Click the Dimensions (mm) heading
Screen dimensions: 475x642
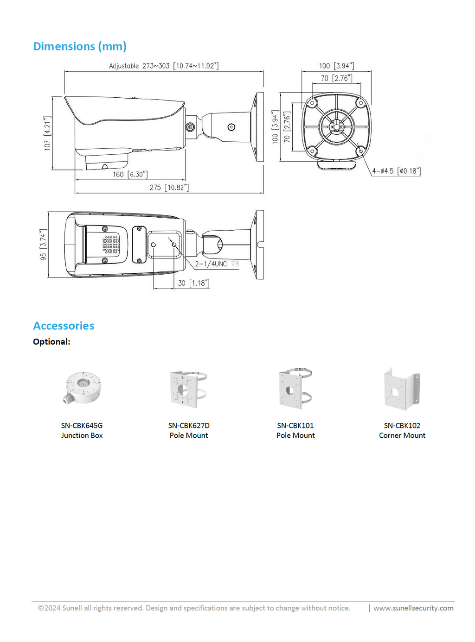pyautogui.click(x=79, y=46)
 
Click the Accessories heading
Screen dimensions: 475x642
pyautogui.click(x=64, y=325)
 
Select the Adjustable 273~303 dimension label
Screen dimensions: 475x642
pyautogui.click(x=164, y=66)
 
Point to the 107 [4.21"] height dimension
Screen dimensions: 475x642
pyautogui.click(x=47, y=133)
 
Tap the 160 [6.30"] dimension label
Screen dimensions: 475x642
pyautogui.click(x=130, y=174)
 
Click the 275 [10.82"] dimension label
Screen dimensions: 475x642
pyautogui.click(x=169, y=187)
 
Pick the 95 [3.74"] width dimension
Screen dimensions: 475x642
pyautogui.click(x=43, y=244)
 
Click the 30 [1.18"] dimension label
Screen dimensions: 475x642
pyautogui.click(x=194, y=283)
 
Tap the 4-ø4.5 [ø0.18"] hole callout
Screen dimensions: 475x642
pyautogui.click(x=396, y=171)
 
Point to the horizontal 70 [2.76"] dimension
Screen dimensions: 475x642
pyautogui.click(x=336, y=78)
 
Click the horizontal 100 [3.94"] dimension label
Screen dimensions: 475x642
pyautogui.click(x=336, y=66)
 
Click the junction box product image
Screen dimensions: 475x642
pyautogui.click(x=83, y=388)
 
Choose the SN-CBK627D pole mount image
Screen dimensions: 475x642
pyautogui.click(x=188, y=389)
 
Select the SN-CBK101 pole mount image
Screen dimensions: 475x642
pyautogui.click(x=295, y=389)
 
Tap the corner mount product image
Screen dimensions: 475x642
pyautogui.click(x=402, y=389)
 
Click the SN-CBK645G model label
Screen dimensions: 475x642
pyautogui.click(x=82, y=425)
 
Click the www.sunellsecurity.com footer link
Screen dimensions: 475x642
pyautogui.click(x=413, y=608)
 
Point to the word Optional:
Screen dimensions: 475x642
pyautogui.click(x=51, y=341)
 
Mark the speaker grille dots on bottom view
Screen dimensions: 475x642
pyautogui.click(x=111, y=245)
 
